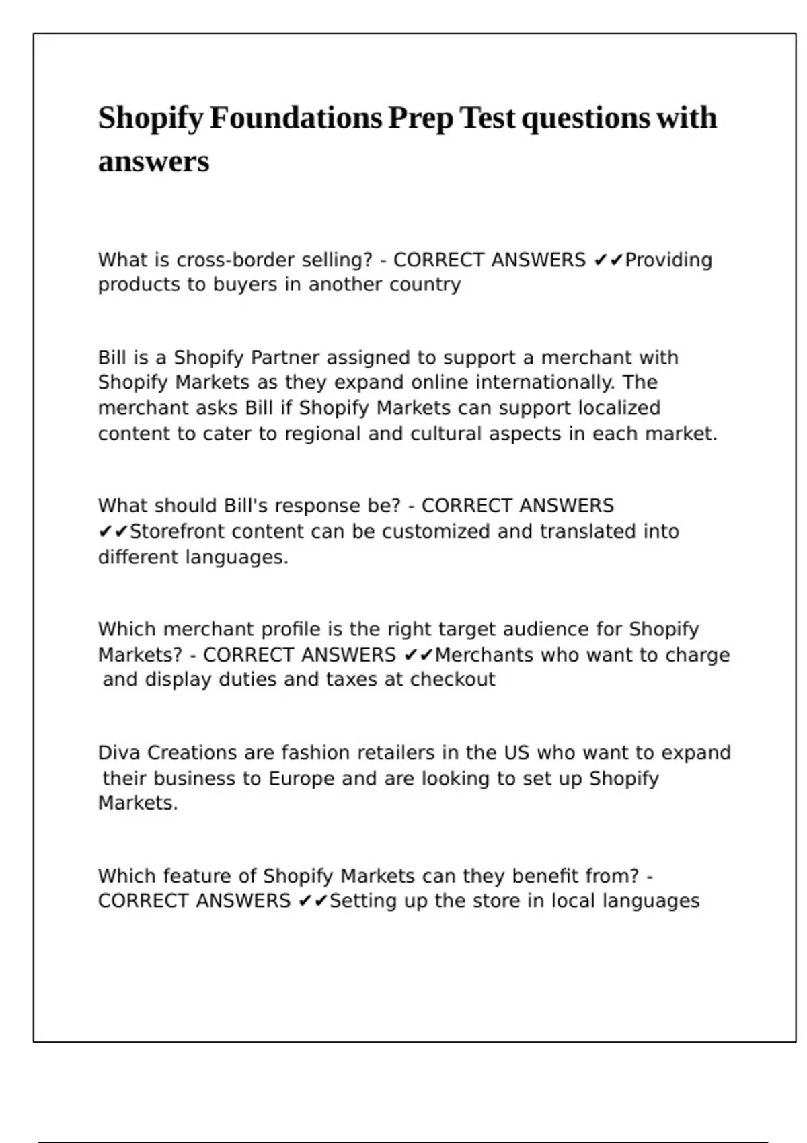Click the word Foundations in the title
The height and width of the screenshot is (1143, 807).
click(296, 118)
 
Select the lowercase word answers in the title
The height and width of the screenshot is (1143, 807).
click(153, 161)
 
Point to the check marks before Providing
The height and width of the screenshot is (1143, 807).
click(609, 260)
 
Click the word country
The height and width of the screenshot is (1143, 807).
click(425, 285)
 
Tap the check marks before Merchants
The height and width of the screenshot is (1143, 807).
click(418, 655)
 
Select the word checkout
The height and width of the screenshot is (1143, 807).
click(453, 680)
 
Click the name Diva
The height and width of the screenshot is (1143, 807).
click(119, 753)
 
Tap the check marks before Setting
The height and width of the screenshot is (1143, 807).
click(313, 901)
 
